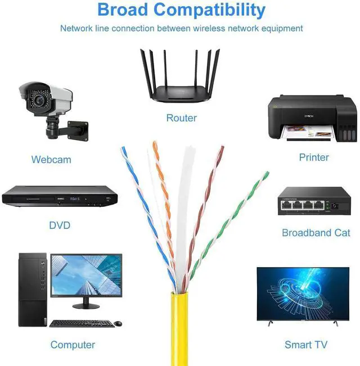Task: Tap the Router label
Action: click(181, 118)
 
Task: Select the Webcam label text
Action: click(51, 160)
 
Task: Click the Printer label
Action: click(314, 157)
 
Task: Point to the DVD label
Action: click(60, 225)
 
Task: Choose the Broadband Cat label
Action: click(316, 233)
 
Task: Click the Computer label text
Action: click(73, 345)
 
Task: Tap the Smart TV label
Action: click(306, 345)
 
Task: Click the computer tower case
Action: click(33, 290)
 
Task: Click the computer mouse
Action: click(118, 323)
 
